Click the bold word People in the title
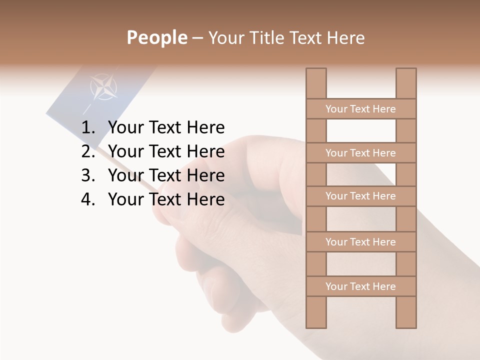(x=156, y=37)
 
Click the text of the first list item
(x=166, y=128)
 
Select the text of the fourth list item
(x=166, y=199)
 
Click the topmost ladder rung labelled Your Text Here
(x=360, y=109)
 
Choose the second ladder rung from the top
(x=360, y=153)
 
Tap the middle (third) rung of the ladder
(x=360, y=196)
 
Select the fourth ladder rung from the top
(x=360, y=242)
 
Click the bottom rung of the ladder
(x=360, y=286)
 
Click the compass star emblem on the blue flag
(x=104, y=87)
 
